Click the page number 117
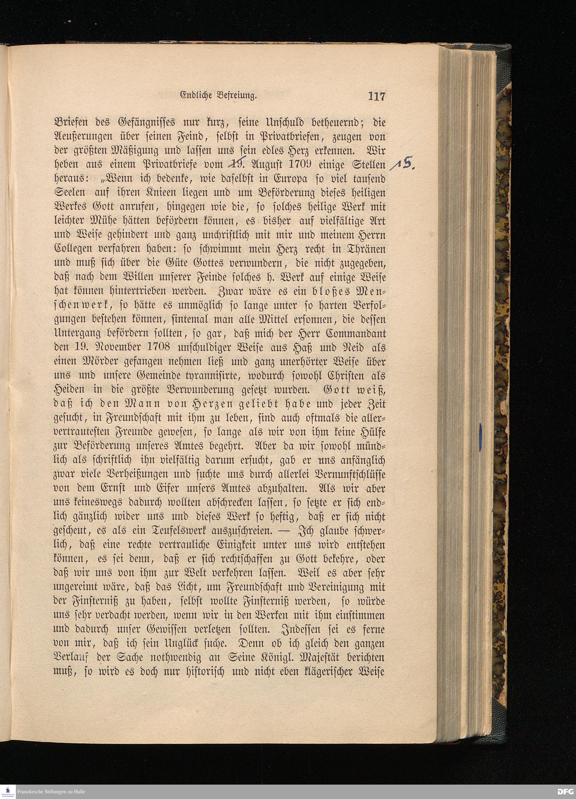[x=376, y=96]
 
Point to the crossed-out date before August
[x=236, y=164]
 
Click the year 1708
[x=156, y=347]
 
